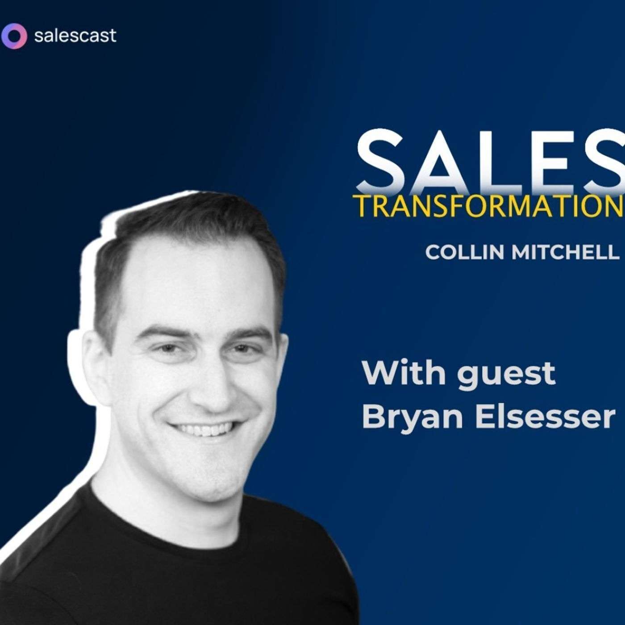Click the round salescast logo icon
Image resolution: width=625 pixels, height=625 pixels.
pos(14,35)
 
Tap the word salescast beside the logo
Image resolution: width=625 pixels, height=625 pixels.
pos(75,35)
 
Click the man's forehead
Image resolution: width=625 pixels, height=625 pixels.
pos(196,290)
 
